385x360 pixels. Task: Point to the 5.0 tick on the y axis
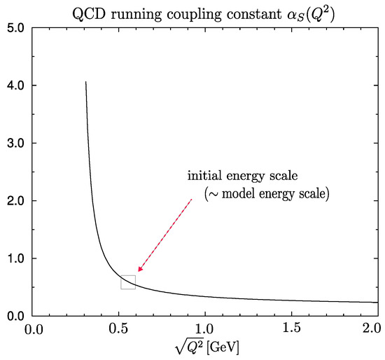[15, 28]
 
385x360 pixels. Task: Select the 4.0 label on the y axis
[15, 85]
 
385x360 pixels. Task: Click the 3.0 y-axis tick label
[15, 144]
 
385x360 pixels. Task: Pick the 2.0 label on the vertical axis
[15, 201]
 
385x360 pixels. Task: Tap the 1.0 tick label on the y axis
[15, 258]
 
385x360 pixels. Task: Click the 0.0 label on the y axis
[15, 316]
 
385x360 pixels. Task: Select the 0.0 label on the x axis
[34, 329]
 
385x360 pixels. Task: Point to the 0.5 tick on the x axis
[119, 328]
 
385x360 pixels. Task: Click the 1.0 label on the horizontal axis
[205, 328]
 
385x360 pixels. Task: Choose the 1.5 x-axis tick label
[292, 328]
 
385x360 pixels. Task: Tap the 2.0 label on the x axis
[372, 328]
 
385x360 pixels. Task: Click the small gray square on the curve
[128, 275]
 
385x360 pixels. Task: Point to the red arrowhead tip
[138, 272]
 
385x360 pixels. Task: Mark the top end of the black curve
[85, 81]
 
